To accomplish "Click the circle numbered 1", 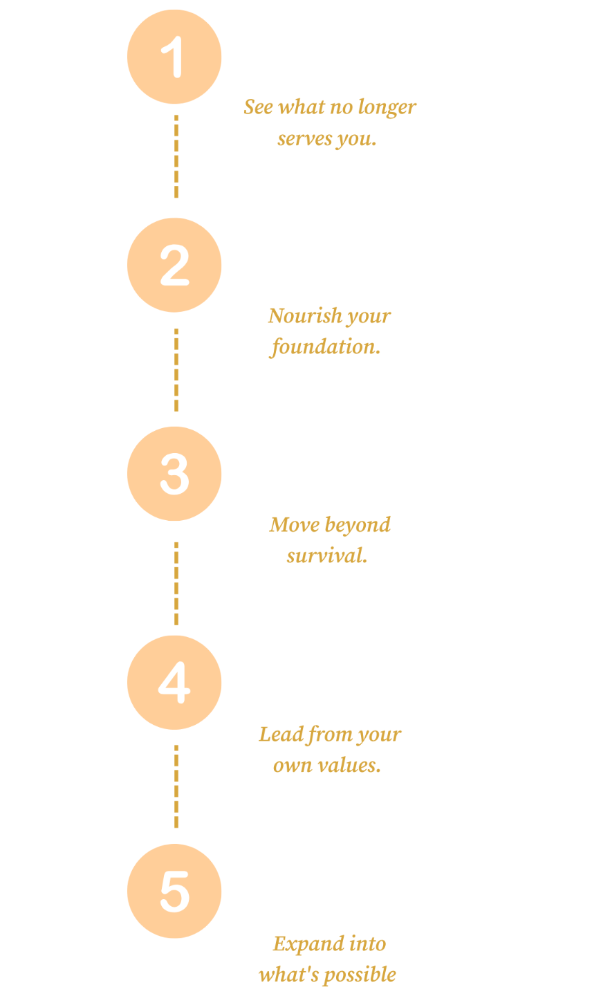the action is click(x=174, y=57).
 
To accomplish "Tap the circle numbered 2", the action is click(x=174, y=265).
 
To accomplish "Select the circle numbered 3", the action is click(x=174, y=474).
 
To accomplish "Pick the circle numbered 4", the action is click(x=174, y=682).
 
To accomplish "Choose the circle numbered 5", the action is click(x=174, y=891).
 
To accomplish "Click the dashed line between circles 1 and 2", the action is click(x=176, y=156).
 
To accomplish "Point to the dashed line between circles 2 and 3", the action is click(x=176, y=370).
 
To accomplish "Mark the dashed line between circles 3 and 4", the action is click(x=176, y=583).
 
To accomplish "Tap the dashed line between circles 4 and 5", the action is click(x=176, y=786).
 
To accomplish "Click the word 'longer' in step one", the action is click(x=387, y=108).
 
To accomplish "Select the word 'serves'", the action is click(x=305, y=140).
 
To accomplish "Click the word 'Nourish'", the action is click(x=305, y=315).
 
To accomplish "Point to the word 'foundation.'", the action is click(x=325, y=347).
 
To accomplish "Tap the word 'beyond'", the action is click(x=358, y=526).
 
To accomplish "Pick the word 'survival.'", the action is click(x=327, y=556).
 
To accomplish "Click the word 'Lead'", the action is click(x=281, y=735).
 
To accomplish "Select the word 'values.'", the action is click(x=351, y=766).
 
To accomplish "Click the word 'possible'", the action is click(x=360, y=975).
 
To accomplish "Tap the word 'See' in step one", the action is click(x=258, y=107).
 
